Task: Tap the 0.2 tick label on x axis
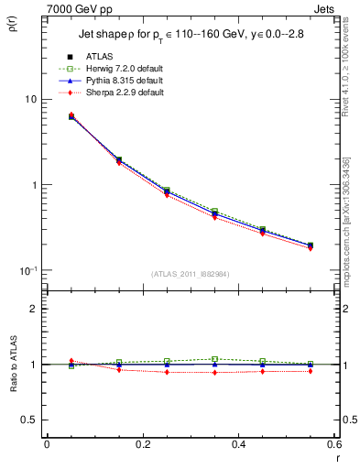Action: (142, 444)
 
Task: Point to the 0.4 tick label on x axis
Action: (238, 444)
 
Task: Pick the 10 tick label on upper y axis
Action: (30, 99)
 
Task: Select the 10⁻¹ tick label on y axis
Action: (27, 271)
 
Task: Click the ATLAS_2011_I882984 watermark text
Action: (190, 275)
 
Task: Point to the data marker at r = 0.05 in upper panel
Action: (71, 116)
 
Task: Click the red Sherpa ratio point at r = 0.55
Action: (311, 371)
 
